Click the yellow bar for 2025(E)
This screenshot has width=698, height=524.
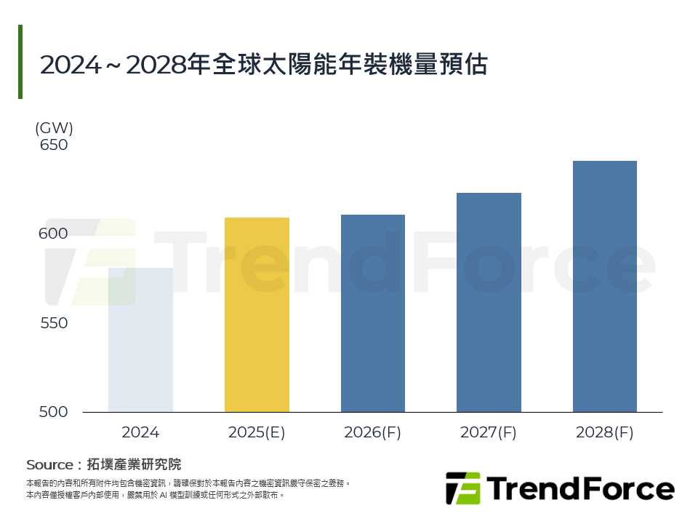click(x=257, y=314)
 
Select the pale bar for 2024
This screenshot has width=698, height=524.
click(x=140, y=340)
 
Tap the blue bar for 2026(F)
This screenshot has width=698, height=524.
click(x=372, y=313)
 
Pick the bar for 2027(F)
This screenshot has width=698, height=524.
click(x=489, y=302)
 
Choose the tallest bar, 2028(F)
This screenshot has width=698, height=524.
click(x=605, y=286)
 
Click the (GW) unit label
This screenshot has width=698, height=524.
click(x=54, y=128)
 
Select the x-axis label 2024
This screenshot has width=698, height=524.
click(x=140, y=432)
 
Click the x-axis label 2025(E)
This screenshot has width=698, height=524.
click(x=257, y=432)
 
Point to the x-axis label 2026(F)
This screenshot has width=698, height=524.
click(x=372, y=432)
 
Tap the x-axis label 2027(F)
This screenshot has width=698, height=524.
click(x=489, y=432)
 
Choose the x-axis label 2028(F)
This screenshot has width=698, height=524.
click(x=605, y=432)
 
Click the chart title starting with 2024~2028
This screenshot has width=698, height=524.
click(x=263, y=65)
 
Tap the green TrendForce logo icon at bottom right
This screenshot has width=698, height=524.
click(x=462, y=488)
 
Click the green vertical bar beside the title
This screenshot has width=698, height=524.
click(x=20, y=62)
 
